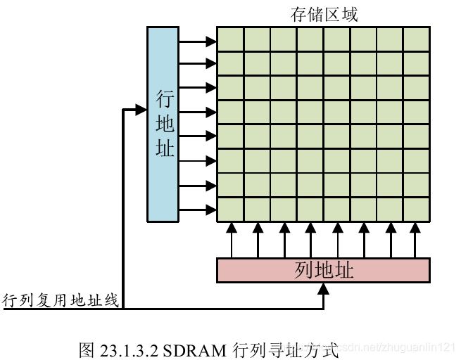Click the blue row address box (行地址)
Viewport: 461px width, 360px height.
point(163,124)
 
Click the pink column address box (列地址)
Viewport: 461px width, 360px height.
point(323,271)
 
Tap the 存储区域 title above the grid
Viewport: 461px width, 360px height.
point(324,14)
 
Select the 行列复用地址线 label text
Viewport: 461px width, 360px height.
point(61,300)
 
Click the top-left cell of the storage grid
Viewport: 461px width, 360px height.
point(230,39)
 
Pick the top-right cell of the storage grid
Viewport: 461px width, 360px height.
point(417,39)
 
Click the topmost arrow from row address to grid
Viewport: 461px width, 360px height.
point(198,42)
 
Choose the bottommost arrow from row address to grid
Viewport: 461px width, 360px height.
point(198,210)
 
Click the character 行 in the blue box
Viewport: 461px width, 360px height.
point(164,98)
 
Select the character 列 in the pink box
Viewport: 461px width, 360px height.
point(304,271)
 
